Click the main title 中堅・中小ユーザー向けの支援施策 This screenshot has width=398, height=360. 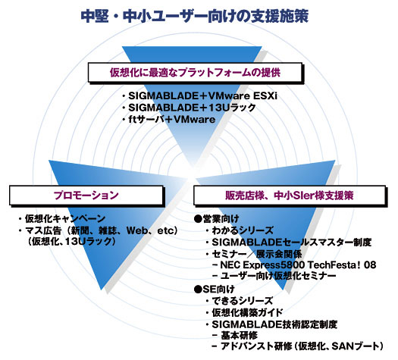tap(195, 16)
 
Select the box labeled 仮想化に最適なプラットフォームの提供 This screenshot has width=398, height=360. tap(195, 73)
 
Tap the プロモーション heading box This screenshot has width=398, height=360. tap(86, 195)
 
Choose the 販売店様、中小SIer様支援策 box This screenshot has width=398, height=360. tap(290, 196)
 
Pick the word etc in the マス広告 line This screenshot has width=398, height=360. tap(165, 231)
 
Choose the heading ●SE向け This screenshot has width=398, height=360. tap(214, 289)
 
